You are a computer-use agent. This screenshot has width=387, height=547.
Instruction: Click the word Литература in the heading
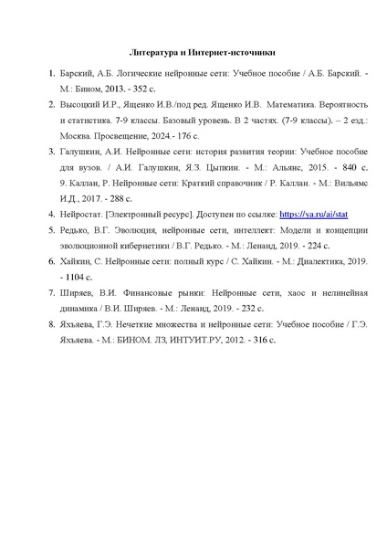pyautogui.click(x=150, y=52)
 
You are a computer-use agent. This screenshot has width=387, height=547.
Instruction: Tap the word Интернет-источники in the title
pyautogui.click(x=225, y=52)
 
